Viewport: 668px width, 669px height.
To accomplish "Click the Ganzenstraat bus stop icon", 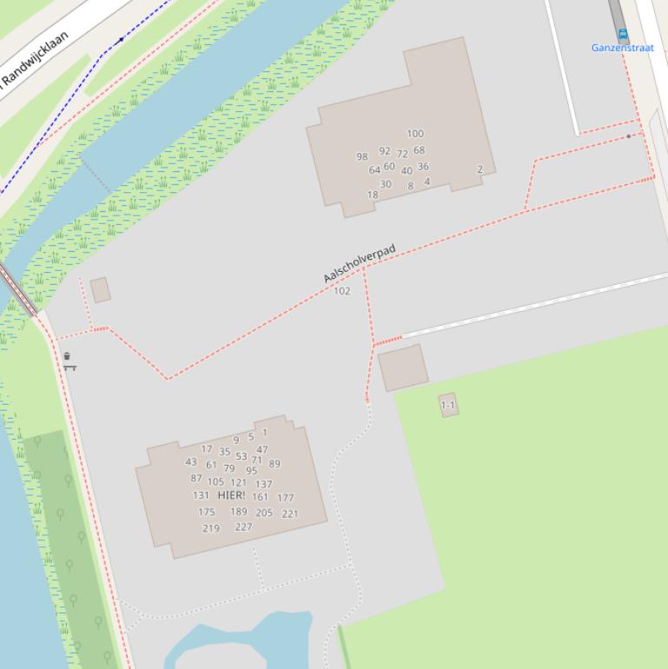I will click(622, 35).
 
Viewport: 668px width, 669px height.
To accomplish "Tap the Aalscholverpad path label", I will click(359, 263).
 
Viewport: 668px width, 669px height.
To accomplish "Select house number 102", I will click(342, 291).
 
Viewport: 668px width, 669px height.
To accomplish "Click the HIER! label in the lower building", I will click(231, 495).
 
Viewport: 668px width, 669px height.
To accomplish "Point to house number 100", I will click(415, 134).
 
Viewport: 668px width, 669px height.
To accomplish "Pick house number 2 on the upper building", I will click(480, 169).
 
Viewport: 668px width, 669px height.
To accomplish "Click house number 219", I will click(211, 528).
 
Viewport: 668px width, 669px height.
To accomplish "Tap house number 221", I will click(289, 513).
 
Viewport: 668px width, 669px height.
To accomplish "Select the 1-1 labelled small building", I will click(448, 405).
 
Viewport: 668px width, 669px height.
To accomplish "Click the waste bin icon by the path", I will click(67, 356).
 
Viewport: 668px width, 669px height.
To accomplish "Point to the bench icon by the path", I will click(69, 368).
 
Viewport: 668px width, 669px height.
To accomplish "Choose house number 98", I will click(362, 157).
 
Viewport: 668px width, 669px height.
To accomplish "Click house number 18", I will click(373, 195).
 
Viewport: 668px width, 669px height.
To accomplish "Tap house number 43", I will click(191, 461).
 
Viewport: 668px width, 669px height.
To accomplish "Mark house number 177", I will click(286, 498).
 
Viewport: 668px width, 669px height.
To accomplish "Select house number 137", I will click(264, 484).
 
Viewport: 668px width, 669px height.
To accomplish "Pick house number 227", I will click(243, 527).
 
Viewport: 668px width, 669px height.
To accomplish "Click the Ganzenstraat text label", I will click(623, 49).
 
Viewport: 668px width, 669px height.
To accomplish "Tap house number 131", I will click(201, 495).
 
